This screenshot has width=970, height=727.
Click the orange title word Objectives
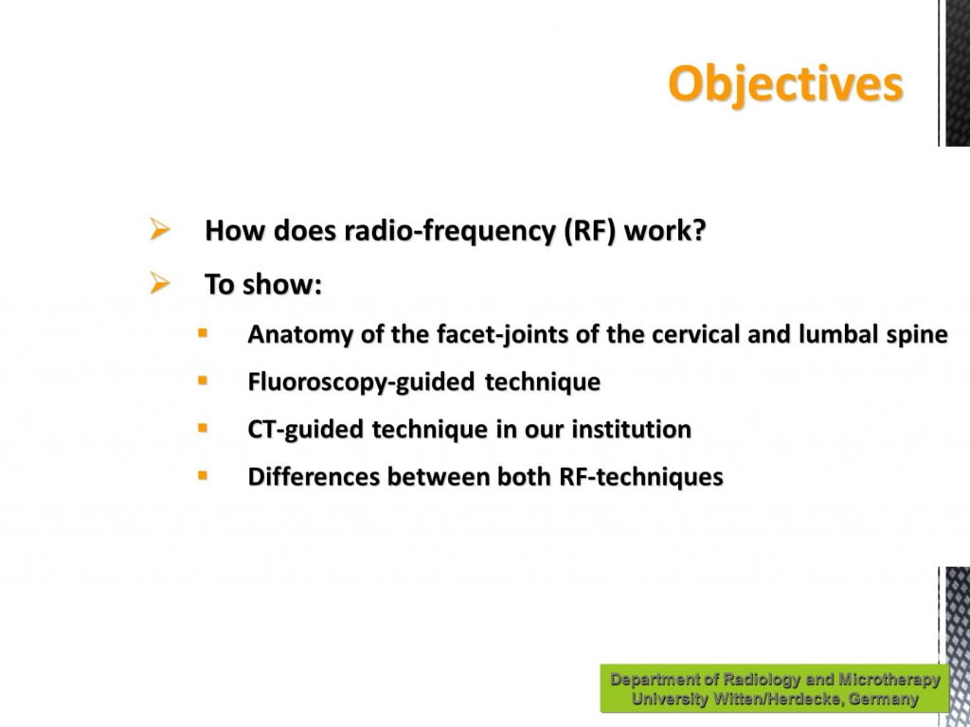click(x=785, y=84)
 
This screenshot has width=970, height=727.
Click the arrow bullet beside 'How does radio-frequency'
click(x=159, y=229)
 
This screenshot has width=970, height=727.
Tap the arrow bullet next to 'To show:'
click(x=159, y=283)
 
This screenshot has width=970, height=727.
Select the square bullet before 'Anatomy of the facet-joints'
click(x=203, y=333)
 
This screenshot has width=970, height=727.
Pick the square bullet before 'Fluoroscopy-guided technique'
click(x=203, y=381)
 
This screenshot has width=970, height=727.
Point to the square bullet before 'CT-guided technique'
click(x=203, y=428)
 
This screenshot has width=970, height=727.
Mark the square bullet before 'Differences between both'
click(x=203, y=475)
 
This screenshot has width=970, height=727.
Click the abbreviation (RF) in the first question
click(x=589, y=231)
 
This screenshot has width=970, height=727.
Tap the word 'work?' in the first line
click(x=665, y=231)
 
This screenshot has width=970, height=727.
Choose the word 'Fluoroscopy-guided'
click(x=361, y=382)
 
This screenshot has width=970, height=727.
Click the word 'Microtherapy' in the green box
click(x=889, y=680)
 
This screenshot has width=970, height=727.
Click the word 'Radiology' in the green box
click(x=763, y=680)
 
